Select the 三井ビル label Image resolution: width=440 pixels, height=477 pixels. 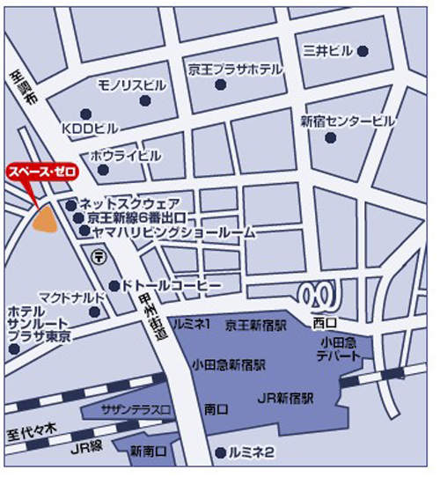[x=327, y=49]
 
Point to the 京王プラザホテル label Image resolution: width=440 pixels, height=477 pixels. [x=235, y=70]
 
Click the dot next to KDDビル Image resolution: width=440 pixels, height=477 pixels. [x=85, y=114]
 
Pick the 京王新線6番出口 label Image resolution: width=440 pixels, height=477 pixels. [x=136, y=217]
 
